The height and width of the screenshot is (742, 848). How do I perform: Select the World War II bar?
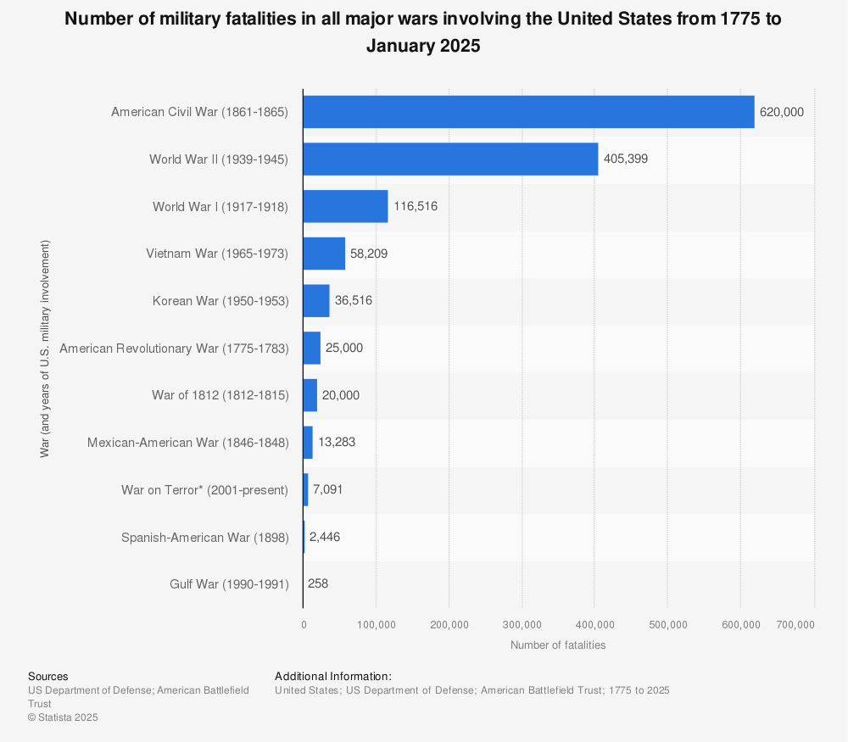pos(450,159)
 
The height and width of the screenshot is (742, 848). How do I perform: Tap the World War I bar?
pos(345,206)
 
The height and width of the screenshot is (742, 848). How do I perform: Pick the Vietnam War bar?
pos(324,254)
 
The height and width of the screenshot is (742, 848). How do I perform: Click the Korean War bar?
pos(316,301)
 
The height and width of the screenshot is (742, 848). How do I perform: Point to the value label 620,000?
pos(781,112)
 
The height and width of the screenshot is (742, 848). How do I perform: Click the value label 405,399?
pos(626,159)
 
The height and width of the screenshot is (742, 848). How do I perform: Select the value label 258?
pos(318,584)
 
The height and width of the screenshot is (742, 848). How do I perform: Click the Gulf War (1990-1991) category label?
pos(229,584)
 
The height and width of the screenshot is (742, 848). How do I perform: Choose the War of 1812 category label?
pos(220,395)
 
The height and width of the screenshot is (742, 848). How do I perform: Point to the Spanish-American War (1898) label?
pos(204,538)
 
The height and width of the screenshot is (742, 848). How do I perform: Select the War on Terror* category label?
pos(204,490)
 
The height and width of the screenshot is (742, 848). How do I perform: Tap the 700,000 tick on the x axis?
pos(795,625)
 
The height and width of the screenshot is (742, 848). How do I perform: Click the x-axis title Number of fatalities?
pos(558,645)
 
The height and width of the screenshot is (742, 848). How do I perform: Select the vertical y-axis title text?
pos(44,349)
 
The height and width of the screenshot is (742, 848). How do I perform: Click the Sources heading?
pos(47,677)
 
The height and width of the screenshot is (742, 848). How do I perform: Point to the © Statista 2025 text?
pos(63,717)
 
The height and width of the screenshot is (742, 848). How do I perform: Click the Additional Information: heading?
pos(332,677)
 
